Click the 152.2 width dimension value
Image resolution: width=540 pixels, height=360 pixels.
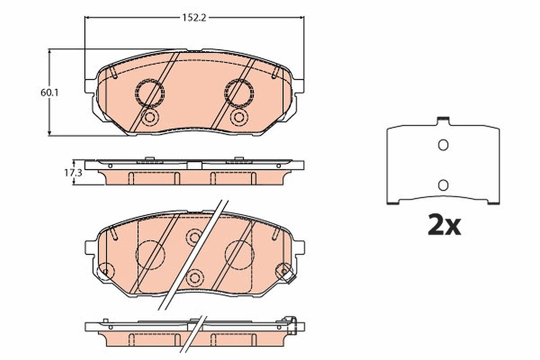tap(194, 18)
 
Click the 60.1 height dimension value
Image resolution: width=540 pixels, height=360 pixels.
tap(49, 93)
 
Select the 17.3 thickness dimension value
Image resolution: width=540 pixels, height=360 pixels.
tap(73, 173)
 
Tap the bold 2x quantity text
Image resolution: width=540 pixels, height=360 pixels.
tap(444, 225)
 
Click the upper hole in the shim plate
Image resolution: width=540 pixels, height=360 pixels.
tap(443, 145)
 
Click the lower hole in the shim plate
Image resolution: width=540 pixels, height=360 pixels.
tap(443, 185)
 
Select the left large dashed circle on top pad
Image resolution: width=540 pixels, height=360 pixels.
tap(150, 93)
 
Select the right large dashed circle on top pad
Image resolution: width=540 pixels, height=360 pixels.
tap(239, 93)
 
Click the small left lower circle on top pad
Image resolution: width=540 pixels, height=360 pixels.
tap(150, 117)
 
